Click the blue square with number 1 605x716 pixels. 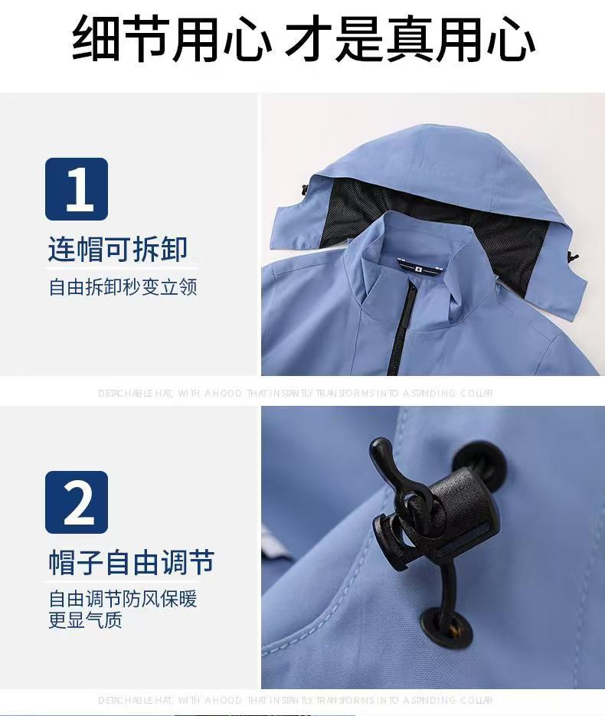[77, 189]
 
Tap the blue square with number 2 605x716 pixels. [77, 502]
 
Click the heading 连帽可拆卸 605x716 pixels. [118, 250]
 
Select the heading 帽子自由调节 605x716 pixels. [131, 563]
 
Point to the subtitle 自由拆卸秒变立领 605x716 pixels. [123, 287]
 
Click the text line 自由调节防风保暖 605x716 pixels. [123, 598]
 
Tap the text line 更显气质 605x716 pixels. [85, 620]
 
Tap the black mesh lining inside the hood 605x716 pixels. [360, 211]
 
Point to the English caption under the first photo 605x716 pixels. [296, 394]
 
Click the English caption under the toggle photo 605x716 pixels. [296, 700]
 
